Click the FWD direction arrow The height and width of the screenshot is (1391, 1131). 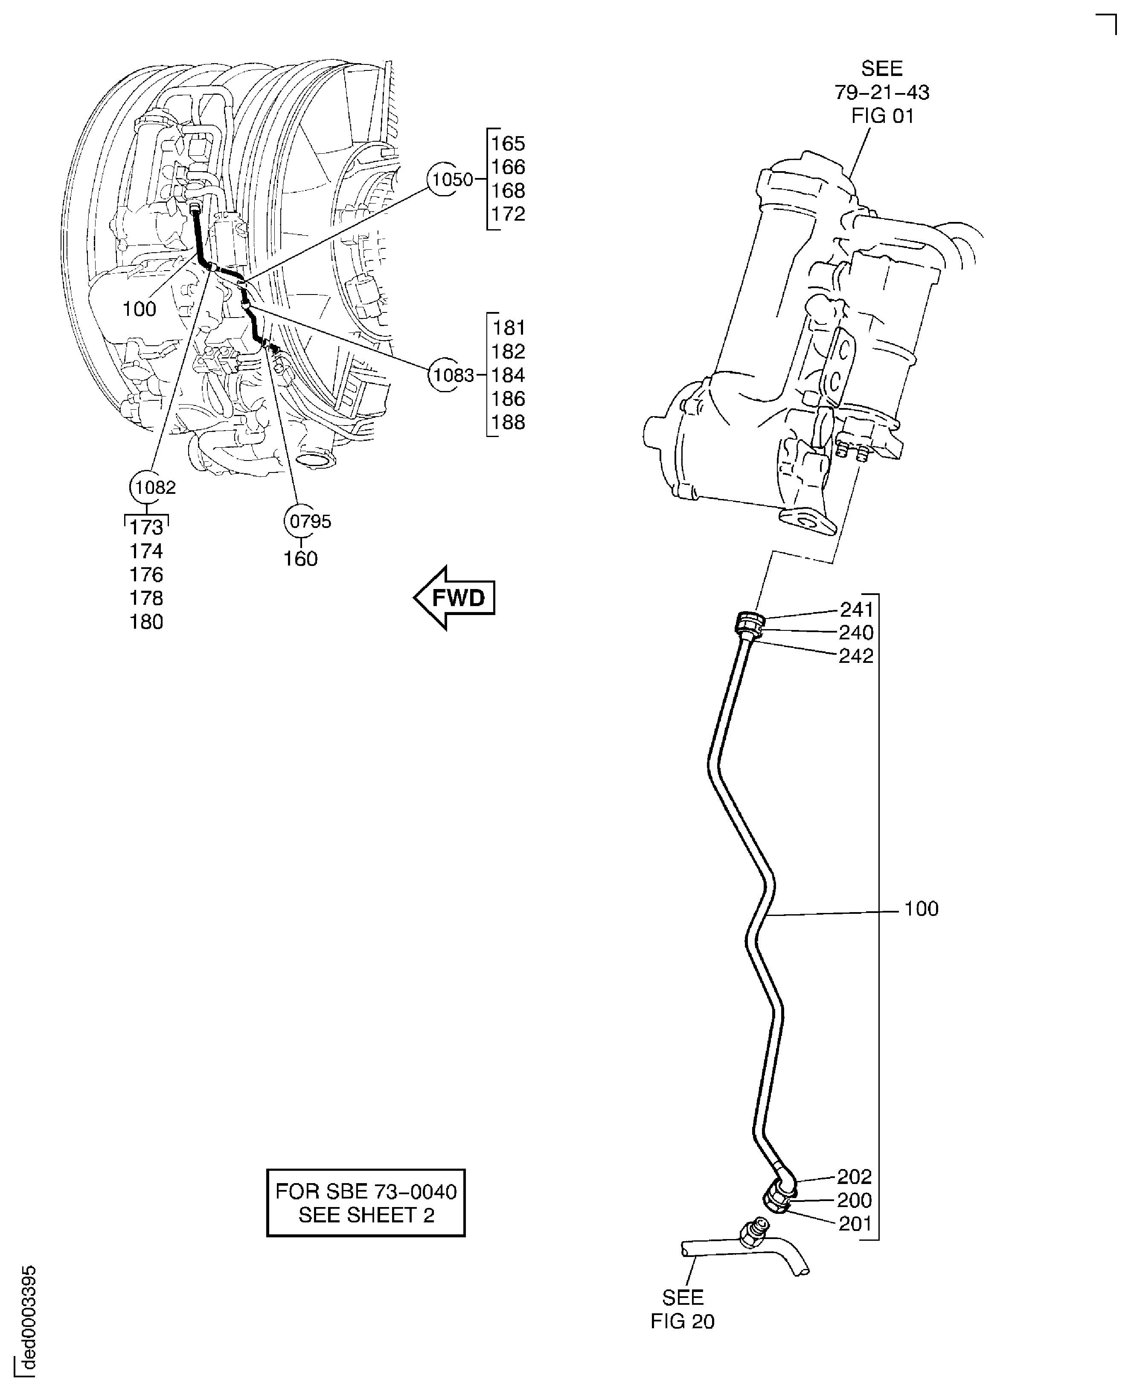click(455, 598)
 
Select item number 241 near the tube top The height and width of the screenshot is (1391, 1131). click(856, 609)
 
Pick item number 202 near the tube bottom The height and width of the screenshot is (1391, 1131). click(854, 1177)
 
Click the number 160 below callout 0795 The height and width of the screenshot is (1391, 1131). click(300, 559)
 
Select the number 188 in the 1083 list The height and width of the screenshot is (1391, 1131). click(508, 423)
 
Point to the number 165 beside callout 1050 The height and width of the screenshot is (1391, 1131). click(508, 143)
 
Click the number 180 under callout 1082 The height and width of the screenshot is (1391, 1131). click(146, 622)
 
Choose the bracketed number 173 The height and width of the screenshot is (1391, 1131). click(146, 527)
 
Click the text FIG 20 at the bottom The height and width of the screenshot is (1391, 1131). click(682, 1321)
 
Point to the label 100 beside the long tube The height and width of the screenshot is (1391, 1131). click(921, 909)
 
